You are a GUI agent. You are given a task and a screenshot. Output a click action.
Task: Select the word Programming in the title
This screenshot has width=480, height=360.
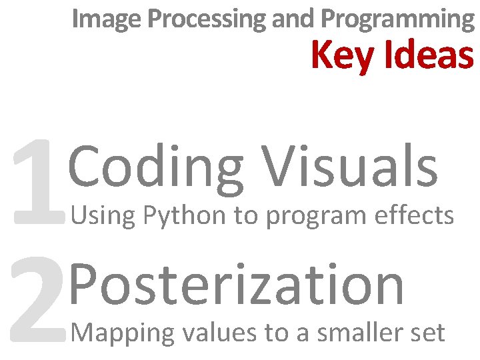pyautogui.click(x=397, y=20)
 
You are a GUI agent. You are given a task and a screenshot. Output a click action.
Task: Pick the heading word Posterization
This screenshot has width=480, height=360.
pyautogui.click(x=237, y=285)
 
